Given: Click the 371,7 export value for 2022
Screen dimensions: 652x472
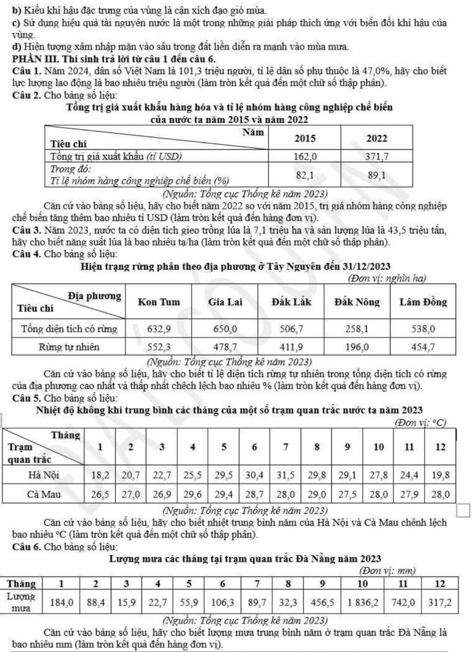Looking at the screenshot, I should click(x=376, y=156).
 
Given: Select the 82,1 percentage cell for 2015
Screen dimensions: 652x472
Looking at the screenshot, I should click(x=305, y=175).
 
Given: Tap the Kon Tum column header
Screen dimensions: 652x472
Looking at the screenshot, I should click(x=158, y=302).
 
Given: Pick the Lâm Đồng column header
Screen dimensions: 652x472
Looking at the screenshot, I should click(x=423, y=302).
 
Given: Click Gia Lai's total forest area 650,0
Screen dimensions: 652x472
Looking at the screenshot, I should click(x=225, y=329).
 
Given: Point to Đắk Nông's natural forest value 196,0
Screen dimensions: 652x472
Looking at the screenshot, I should click(x=357, y=347).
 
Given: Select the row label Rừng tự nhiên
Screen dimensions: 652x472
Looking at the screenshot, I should click(x=69, y=347).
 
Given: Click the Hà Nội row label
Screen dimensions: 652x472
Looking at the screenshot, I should click(x=44, y=475).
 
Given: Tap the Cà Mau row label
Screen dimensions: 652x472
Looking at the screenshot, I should click(x=44, y=494).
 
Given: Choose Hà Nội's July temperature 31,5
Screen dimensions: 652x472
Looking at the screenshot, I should click(x=286, y=475).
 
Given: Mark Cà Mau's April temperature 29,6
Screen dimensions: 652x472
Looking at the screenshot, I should click(x=193, y=494).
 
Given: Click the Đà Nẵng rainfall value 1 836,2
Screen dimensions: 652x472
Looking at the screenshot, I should click(x=362, y=602).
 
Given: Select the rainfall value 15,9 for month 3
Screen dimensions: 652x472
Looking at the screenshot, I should click(x=126, y=602).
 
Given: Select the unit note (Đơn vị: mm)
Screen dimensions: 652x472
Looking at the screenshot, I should click(x=388, y=571).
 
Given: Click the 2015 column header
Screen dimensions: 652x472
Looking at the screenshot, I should click(x=305, y=138).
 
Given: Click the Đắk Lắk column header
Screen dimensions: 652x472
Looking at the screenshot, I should click(x=291, y=302).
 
